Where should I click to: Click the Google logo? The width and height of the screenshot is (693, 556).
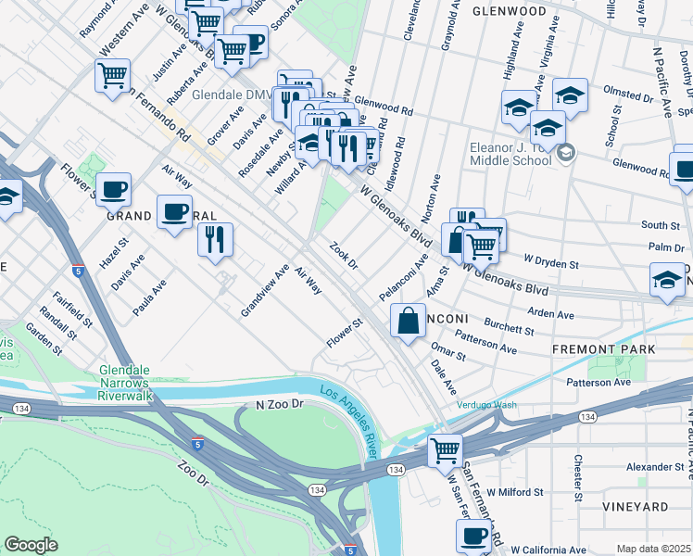point(31,545)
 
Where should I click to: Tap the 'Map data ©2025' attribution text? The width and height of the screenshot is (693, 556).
point(654,549)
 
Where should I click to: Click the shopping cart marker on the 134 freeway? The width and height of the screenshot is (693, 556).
point(446,450)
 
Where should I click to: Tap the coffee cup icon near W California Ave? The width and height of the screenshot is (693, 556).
point(473,536)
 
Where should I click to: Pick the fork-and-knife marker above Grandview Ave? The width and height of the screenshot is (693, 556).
point(215,240)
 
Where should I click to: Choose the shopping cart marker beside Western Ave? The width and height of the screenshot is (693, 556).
point(112,76)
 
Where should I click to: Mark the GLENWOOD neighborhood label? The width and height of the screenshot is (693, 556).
point(509,11)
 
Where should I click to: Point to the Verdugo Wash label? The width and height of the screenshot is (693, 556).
point(485,404)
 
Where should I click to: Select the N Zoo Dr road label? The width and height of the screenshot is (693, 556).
point(280,405)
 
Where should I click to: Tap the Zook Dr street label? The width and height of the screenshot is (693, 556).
point(344,257)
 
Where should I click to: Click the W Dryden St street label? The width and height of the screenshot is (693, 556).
point(551,263)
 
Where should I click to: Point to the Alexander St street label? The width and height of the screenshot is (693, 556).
point(654,468)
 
